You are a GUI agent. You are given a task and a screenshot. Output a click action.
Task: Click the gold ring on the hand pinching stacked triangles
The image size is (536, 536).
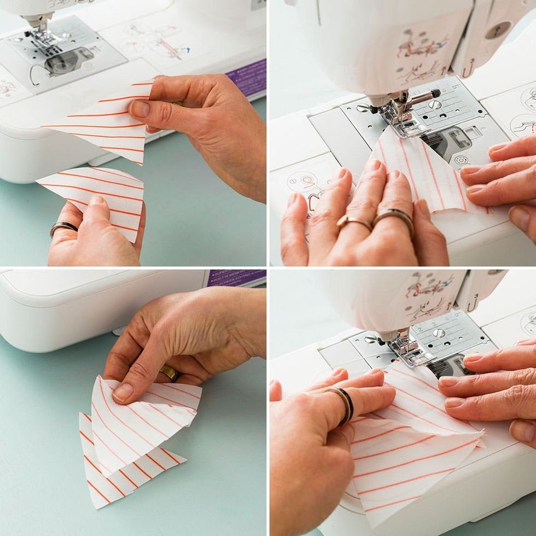tap(169, 373)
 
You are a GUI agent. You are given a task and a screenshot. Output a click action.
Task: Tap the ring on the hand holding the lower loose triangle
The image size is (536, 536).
tap(63, 227)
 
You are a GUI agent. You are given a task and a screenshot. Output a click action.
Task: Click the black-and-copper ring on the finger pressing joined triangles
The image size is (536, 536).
tap(345, 405)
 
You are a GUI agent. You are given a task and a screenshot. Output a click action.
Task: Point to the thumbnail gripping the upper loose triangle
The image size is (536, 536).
tap(139, 108)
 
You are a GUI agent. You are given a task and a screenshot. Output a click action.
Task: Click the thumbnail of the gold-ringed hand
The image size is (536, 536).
tap(123, 392)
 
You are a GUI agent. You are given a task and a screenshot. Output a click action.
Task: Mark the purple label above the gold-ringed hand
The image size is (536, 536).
tap(236, 278)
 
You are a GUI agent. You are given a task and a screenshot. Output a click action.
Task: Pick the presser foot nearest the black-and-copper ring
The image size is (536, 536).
tap(405, 350)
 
